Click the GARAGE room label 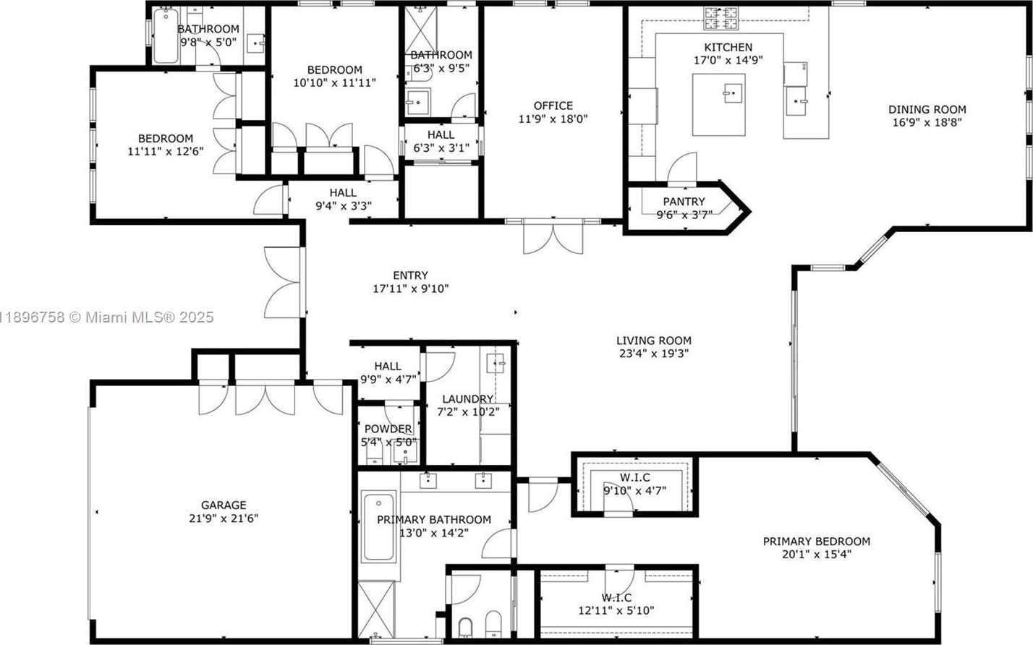coord(224,505)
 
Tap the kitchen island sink coord(732,93)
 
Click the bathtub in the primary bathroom coord(378,527)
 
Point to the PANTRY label coord(684,202)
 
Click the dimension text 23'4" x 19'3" coord(653,354)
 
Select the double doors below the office coord(553,237)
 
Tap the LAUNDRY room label coord(467,398)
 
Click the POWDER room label coord(388,429)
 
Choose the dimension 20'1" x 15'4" coord(816,555)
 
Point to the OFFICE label coord(553,106)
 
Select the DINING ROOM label coord(927,110)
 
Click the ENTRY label coord(410,275)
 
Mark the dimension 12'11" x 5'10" coord(616,610)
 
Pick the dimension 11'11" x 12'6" coord(166,151)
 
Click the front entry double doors coord(284,282)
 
